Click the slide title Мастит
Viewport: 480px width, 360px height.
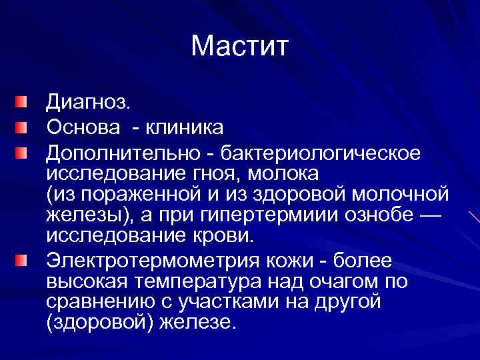point(240,46)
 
